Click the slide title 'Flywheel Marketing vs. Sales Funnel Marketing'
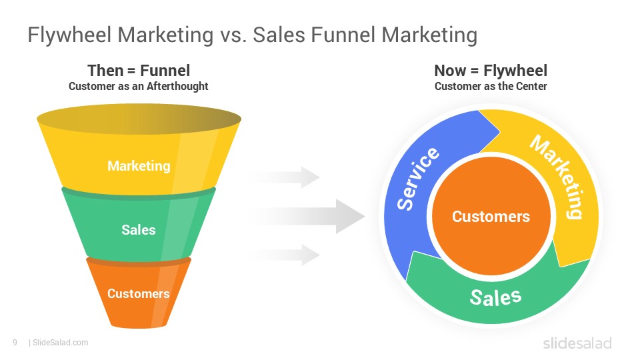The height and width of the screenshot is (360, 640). pos(252,35)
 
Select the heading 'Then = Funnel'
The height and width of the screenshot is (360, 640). pos(139,71)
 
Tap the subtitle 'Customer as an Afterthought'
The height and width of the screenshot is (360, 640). pos(139,87)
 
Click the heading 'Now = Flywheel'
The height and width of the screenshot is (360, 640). pos(491,71)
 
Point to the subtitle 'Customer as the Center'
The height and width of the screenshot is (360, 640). pos(491,87)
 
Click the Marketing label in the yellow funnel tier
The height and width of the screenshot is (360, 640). pos(139,166)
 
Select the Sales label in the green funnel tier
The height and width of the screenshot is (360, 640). pos(139,230)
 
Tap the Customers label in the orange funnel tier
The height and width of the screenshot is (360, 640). pos(139,293)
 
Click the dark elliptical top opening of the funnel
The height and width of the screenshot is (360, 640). pos(139,119)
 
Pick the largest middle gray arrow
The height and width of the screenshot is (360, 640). pos(308,216)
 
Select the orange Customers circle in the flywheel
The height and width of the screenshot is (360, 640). pos(491,216)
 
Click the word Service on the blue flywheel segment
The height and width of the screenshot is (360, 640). pos(417,179)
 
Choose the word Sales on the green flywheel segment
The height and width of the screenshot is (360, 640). pos(495,297)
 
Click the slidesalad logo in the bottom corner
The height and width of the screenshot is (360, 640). pos(577,343)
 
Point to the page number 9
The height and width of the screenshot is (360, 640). pos(15,343)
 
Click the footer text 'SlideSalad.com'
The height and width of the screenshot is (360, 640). pos(61,343)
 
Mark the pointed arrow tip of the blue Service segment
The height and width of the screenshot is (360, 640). pos(499,131)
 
